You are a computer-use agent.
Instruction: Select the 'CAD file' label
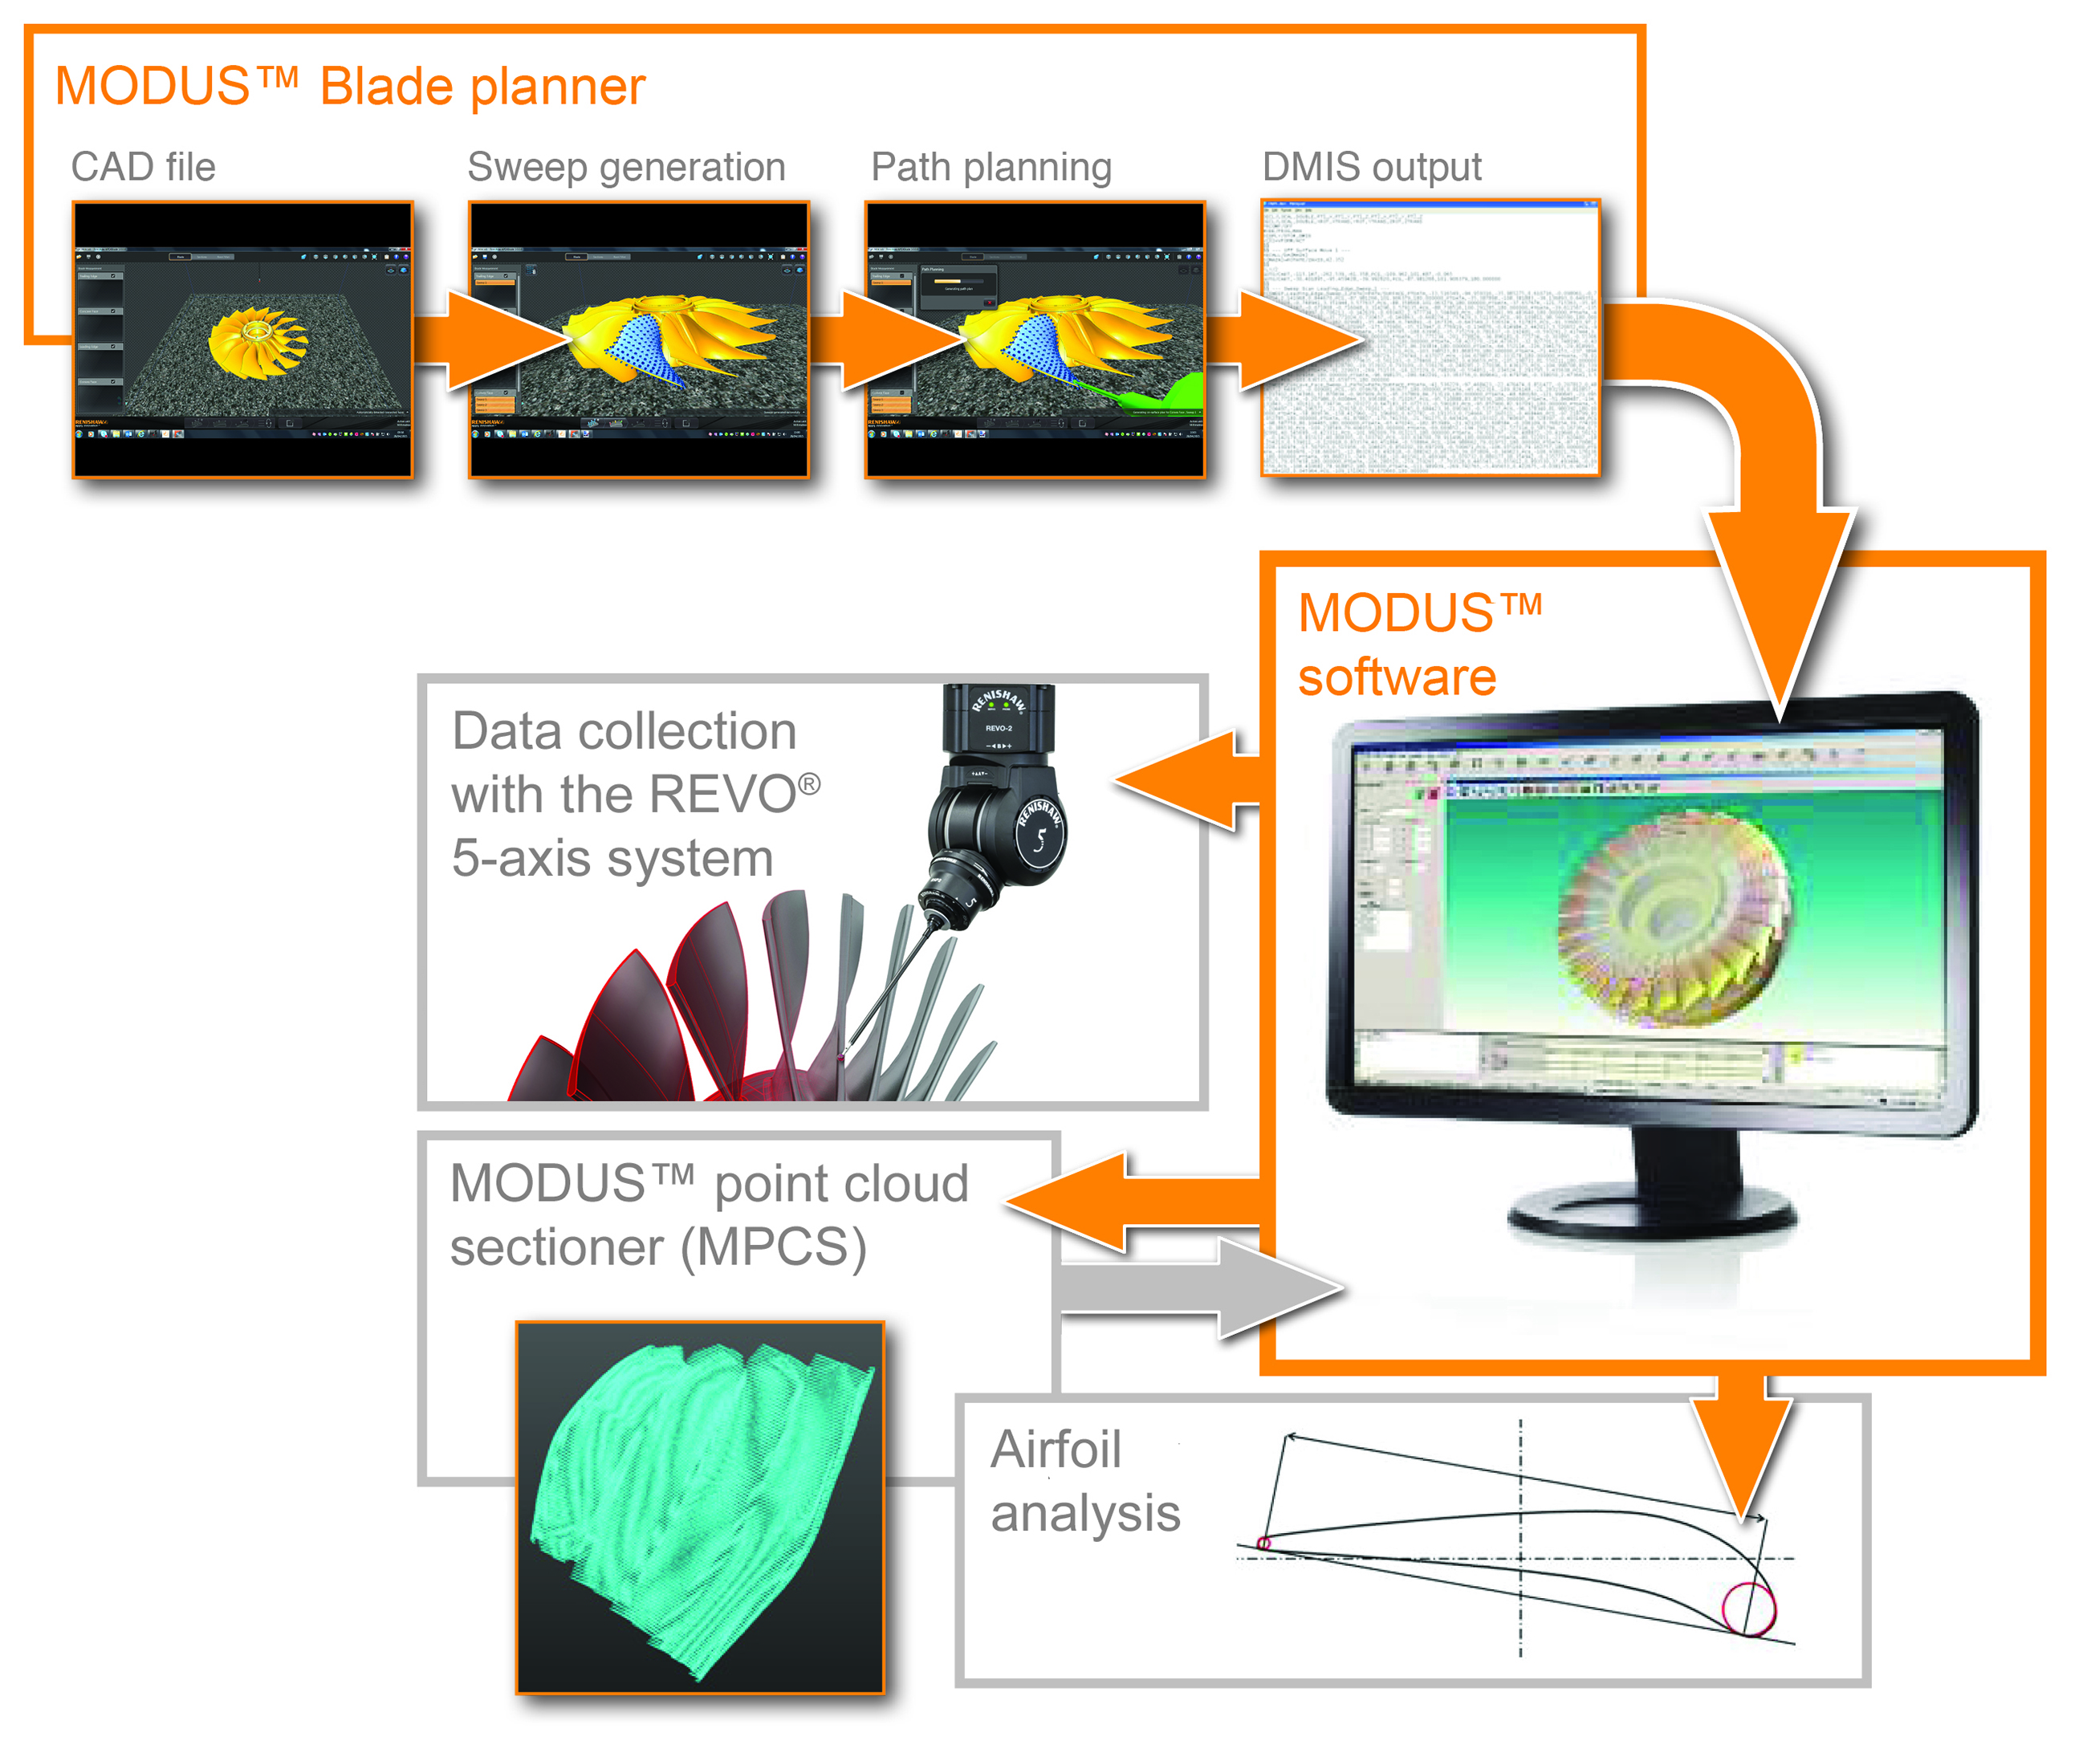[x=142, y=166]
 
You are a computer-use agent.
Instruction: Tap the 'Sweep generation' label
[x=625, y=166]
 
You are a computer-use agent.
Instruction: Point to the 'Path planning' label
[x=991, y=166]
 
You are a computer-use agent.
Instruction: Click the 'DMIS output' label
[x=1371, y=166]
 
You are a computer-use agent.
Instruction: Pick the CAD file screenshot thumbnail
[x=242, y=340]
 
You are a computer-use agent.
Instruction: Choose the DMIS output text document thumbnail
[x=1430, y=339]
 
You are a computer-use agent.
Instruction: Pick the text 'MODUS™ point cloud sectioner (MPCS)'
[x=708, y=1215]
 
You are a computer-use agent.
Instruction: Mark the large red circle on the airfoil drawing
[x=1748, y=1608]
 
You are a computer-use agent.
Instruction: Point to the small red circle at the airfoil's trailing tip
[x=1263, y=1543]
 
